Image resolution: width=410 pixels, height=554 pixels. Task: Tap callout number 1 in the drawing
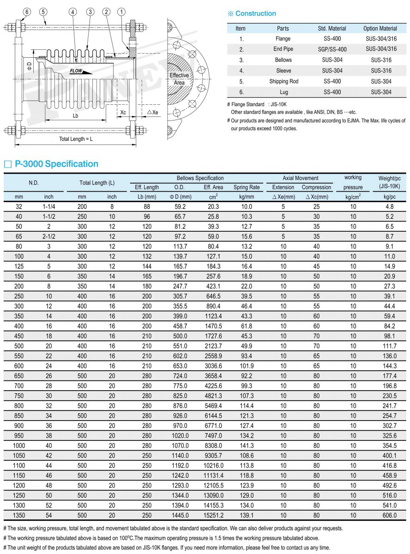tap(121, 11)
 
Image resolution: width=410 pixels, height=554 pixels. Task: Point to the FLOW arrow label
tap(77, 71)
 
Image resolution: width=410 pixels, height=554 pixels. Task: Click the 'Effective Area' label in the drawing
tap(179, 79)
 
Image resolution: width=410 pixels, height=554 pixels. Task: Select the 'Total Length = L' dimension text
tap(76, 139)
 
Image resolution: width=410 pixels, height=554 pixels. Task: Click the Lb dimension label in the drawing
tap(75, 115)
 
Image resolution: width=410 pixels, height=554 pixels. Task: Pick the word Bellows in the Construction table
tap(283, 60)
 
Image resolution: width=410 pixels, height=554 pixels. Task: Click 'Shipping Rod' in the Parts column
tap(283, 81)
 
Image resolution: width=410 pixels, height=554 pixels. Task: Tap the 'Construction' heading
tap(255, 14)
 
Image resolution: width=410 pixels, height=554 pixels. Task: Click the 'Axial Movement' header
tap(301, 178)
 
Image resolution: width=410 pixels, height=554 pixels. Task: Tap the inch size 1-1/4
tap(49, 207)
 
